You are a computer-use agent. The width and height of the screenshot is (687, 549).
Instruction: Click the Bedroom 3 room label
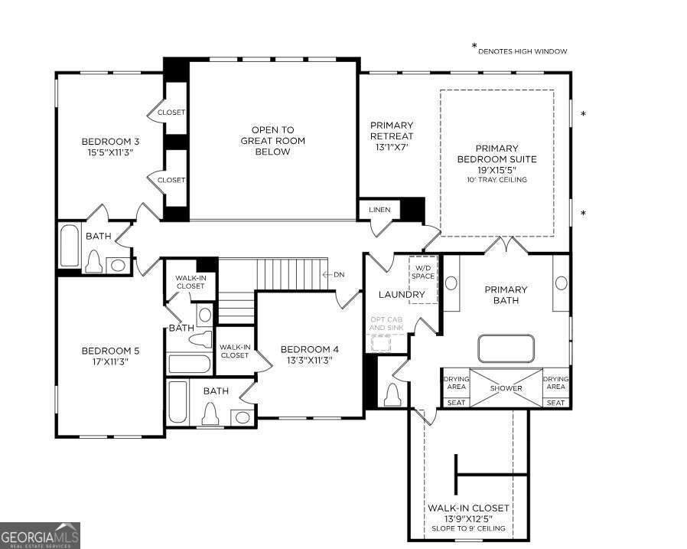pos(110,142)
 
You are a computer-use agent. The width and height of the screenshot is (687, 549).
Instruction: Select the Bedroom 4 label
pos(309,349)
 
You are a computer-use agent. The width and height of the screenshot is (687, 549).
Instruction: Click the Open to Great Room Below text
pos(272,141)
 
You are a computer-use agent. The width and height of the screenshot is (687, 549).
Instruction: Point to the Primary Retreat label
pos(392,131)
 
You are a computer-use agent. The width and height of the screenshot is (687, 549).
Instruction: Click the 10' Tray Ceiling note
pos(497,180)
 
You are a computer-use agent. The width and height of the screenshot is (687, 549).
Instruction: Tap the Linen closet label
pos(379,210)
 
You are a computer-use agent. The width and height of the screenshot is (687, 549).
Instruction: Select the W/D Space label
pos(423,272)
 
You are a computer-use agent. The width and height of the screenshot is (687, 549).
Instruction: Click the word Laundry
pos(402,294)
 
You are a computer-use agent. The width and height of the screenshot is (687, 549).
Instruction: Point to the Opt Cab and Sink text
pos(386,324)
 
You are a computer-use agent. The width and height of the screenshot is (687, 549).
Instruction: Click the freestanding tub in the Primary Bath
pos(506,349)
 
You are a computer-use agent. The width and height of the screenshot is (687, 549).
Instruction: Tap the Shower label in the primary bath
pos(506,388)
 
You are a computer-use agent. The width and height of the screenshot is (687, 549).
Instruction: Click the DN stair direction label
pos(339,275)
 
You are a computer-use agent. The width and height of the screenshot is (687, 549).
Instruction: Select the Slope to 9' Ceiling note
pos(468,528)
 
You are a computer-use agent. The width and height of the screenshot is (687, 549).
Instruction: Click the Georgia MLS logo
pos(40,535)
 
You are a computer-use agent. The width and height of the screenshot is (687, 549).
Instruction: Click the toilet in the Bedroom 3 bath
pos(94,261)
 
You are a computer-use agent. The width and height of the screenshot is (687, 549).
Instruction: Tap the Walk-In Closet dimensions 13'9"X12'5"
pos(468,518)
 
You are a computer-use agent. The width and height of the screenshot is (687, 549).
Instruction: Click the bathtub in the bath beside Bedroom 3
pos(70,246)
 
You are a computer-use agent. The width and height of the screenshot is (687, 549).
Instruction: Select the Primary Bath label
pos(506,295)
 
